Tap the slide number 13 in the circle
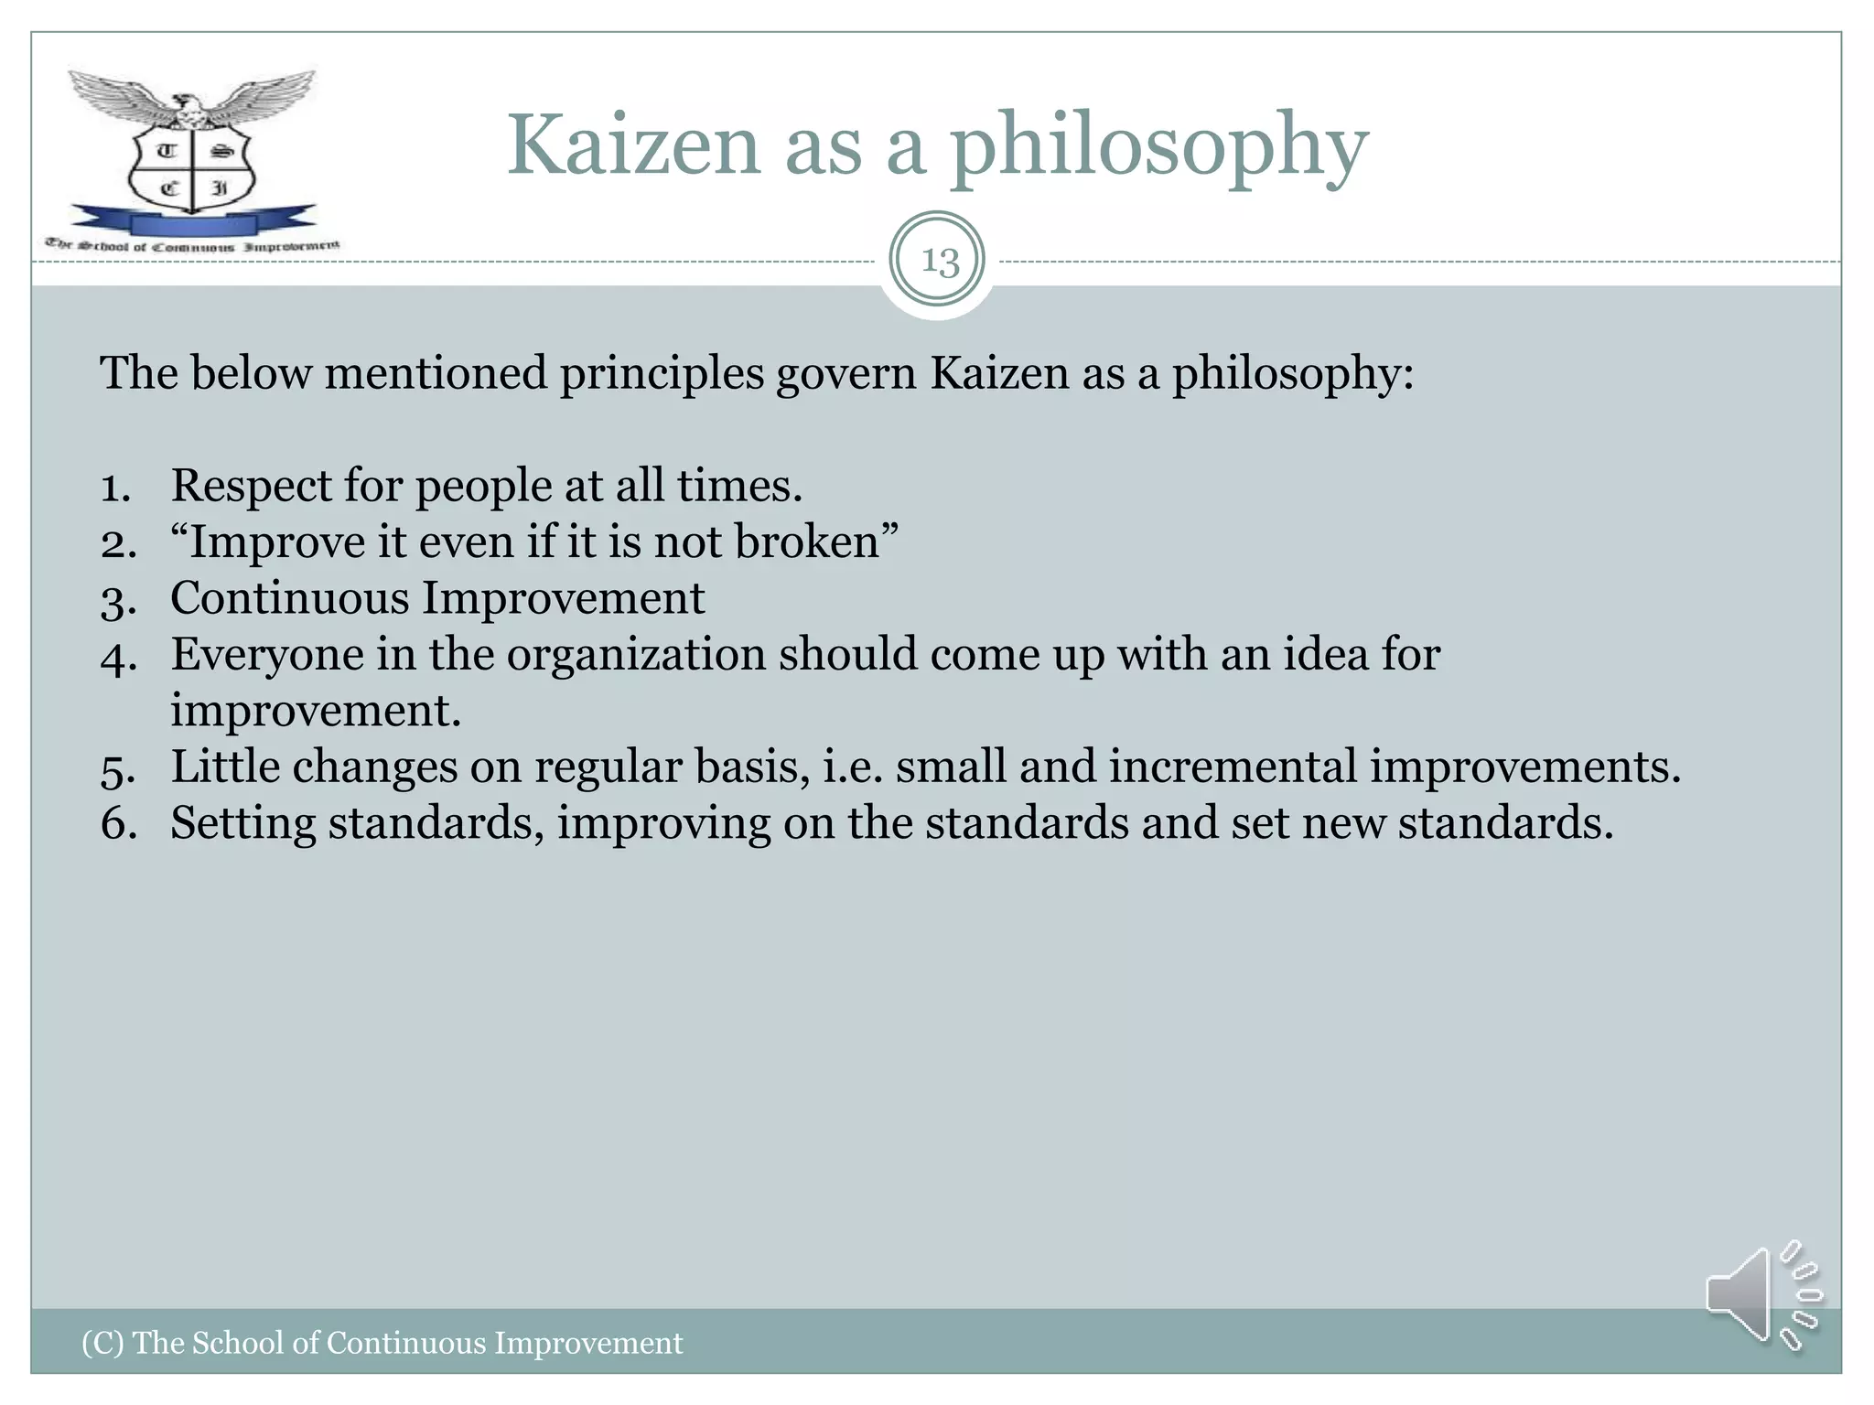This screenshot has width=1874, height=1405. click(939, 261)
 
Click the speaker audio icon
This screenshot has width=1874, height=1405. click(1761, 1294)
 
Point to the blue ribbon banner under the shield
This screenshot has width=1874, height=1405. click(192, 222)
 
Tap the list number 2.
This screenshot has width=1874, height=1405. click(118, 543)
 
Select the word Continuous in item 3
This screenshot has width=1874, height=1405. click(289, 598)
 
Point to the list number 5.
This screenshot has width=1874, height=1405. click(118, 768)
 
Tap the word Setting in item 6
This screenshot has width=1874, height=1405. click(242, 823)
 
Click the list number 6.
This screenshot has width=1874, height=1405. click(118, 823)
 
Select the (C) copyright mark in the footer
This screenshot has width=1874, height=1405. click(102, 1343)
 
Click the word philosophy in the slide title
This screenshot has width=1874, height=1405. click(1158, 146)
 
